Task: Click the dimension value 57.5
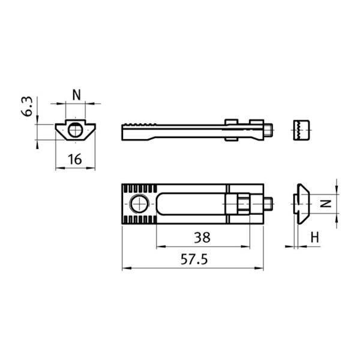tap(194, 259)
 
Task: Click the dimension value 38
tap(202, 238)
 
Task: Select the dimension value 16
tap(75, 159)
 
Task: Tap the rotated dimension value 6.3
tap(27, 107)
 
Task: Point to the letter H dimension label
tap(315, 238)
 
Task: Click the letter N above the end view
tap(76, 95)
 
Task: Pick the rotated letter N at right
tap(326, 203)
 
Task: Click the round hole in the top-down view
tap(139, 204)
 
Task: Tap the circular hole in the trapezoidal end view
tap(75, 130)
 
